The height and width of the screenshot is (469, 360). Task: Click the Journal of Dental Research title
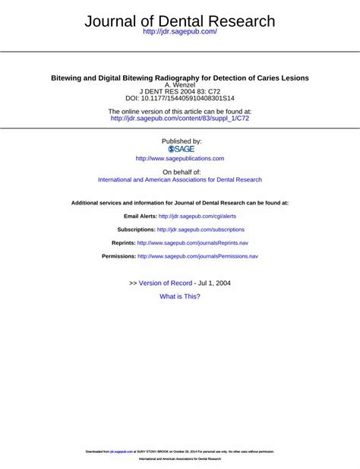(x=180, y=21)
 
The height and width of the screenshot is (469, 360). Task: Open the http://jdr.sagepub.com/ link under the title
(x=180, y=32)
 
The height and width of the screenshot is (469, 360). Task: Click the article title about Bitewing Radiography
(x=180, y=78)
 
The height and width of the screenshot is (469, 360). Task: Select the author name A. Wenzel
(x=180, y=84)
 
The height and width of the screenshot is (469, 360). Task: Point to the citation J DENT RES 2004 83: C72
(x=180, y=91)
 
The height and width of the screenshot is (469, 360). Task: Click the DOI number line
(x=180, y=99)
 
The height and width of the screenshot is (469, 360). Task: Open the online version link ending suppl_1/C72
(x=180, y=119)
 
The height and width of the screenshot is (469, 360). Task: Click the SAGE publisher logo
(x=181, y=149)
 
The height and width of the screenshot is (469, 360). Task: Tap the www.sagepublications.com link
(x=180, y=159)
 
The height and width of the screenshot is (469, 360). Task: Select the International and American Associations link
(x=180, y=180)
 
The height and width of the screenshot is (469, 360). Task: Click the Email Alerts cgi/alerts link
(x=197, y=217)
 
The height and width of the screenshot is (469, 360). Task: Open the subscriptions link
(x=201, y=230)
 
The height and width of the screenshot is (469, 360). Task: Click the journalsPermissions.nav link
(x=197, y=256)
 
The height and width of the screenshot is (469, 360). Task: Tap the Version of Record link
(x=166, y=283)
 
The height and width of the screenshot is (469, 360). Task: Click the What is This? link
(x=180, y=296)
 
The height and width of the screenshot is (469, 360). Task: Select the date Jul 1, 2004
(x=215, y=283)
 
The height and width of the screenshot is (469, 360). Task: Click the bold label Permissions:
(x=118, y=256)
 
